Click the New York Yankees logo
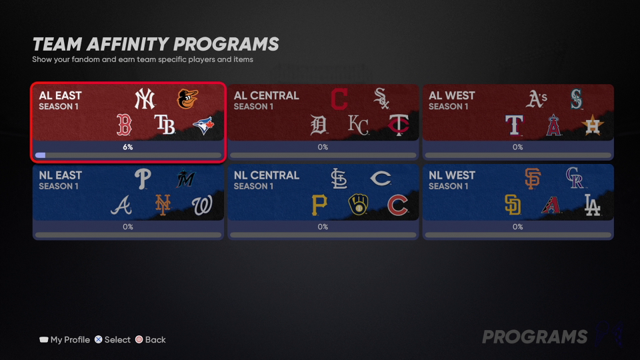pos(145,99)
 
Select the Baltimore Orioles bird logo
pos(187,99)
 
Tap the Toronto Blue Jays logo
pos(203,126)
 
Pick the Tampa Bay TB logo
pos(165,125)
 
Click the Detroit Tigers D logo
pos(319,125)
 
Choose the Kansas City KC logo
pos(359,125)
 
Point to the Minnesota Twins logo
pos(399,125)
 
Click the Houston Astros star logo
pos(592,125)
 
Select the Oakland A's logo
pos(536,99)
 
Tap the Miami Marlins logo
pos(186,179)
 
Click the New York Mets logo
pos(163,205)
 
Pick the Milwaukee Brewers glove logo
pos(359,205)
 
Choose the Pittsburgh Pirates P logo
pos(319,205)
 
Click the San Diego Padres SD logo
pos(513,205)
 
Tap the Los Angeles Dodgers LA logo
pos(592,205)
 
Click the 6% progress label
pos(128,147)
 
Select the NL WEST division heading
pos(452,175)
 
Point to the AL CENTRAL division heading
pos(267,95)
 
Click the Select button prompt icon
pos(99,339)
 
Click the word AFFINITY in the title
pos(127,44)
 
